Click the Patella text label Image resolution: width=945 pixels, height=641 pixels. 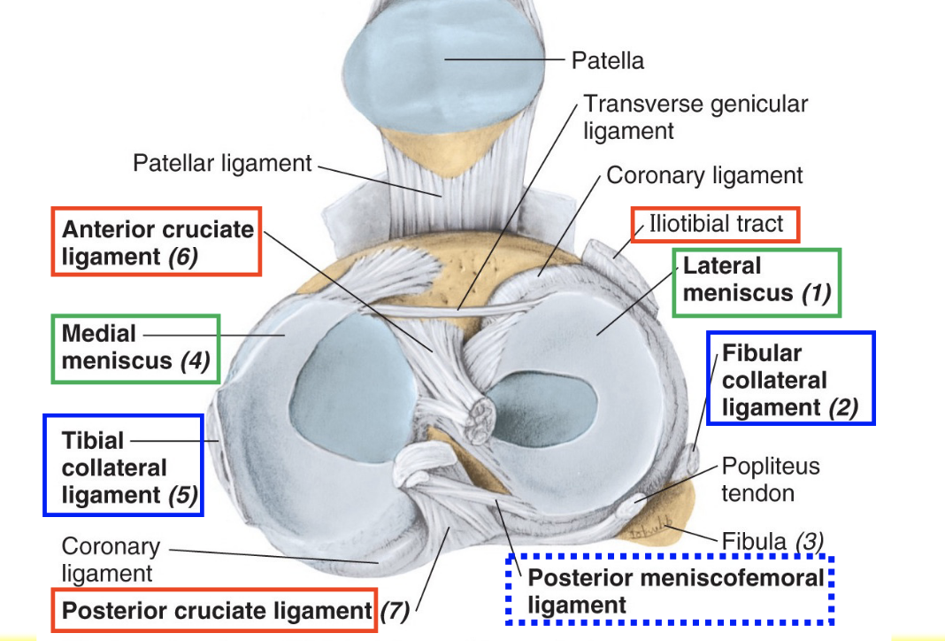[x=607, y=61]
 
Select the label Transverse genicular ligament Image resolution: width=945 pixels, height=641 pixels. [x=695, y=117]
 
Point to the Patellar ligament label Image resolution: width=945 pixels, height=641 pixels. [x=222, y=164]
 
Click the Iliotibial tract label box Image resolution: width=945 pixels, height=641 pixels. [x=715, y=224]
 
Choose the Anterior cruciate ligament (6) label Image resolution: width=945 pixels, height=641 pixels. [x=157, y=243]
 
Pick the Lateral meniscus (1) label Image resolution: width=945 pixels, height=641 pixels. [x=757, y=280]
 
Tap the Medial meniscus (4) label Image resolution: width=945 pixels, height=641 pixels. [x=134, y=348]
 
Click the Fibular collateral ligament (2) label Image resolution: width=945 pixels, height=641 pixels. [x=789, y=380]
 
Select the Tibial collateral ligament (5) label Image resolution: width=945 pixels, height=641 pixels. [x=123, y=468]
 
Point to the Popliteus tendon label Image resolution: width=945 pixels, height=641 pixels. [x=770, y=479]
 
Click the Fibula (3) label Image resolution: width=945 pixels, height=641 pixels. [x=772, y=539]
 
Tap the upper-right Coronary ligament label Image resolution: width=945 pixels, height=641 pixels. [x=704, y=175]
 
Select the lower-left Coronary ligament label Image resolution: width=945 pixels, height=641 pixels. [x=111, y=560]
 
